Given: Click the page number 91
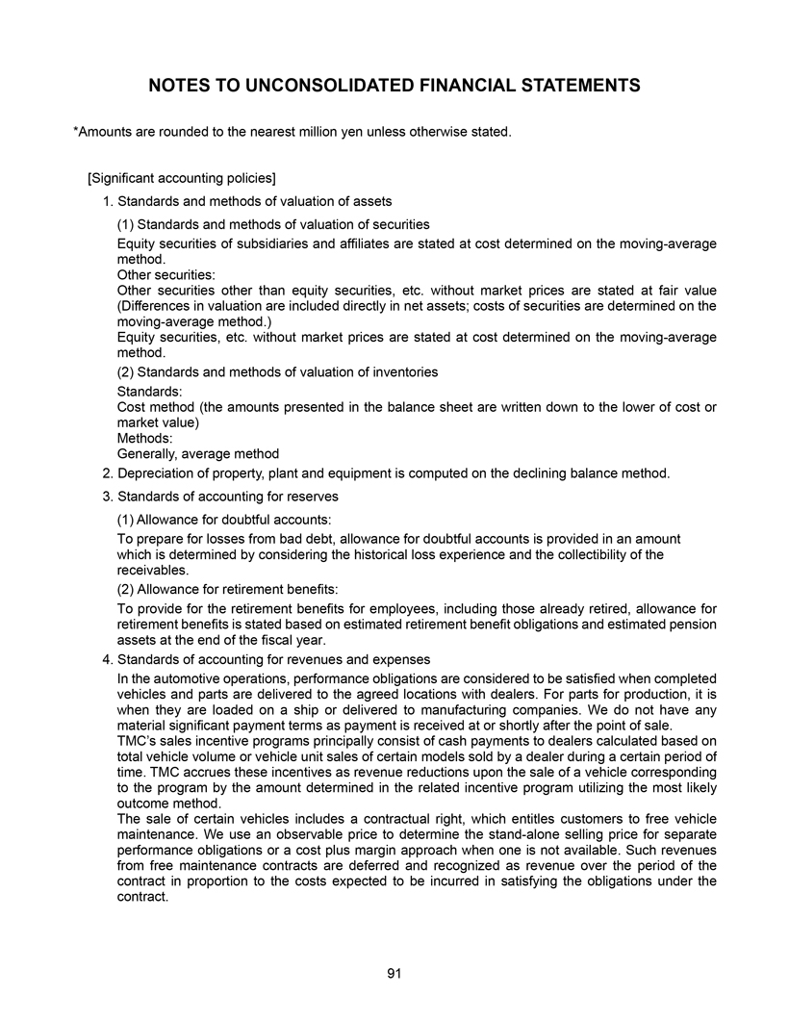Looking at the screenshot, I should (x=394, y=974).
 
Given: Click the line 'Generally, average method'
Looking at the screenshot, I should (x=197, y=453).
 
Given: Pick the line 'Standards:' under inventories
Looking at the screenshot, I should (x=149, y=392).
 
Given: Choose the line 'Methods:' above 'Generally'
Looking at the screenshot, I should (x=145, y=438).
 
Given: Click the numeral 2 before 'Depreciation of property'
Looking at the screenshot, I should (x=106, y=473).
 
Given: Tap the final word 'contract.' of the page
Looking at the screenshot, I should (x=142, y=896).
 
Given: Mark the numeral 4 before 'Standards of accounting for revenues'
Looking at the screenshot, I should (x=106, y=659).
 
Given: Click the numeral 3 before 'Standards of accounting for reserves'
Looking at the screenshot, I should (x=106, y=497).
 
